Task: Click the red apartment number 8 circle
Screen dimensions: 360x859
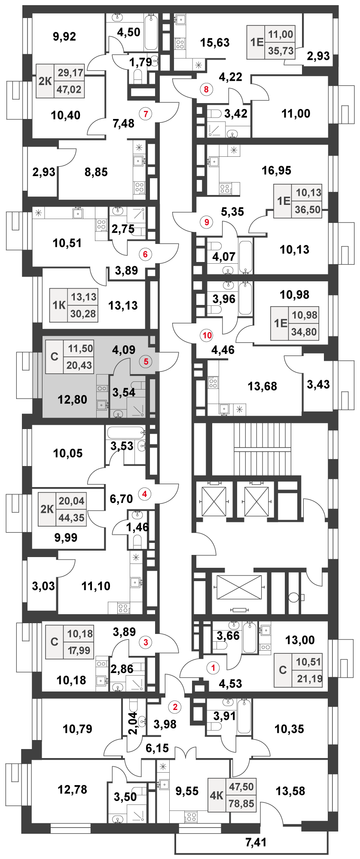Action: (x=207, y=89)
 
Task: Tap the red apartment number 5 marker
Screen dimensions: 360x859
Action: (x=146, y=361)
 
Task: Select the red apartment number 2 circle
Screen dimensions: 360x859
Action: (x=175, y=707)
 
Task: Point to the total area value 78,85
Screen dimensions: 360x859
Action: (x=241, y=803)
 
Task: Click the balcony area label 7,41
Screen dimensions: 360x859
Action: (x=256, y=842)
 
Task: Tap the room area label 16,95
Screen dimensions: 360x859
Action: (x=277, y=171)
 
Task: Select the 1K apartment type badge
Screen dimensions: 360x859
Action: (x=59, y=305)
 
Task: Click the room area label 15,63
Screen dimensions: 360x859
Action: (x=215, y=43)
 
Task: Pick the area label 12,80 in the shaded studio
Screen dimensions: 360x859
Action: (x=73, y=399)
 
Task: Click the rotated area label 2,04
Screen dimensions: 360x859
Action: (x=133, y=724)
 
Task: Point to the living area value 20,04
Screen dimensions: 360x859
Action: (x=72, y=501)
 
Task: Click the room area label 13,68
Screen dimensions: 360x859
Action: (x=262, y=386)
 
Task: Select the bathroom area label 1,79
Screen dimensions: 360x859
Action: (x=140, y=62)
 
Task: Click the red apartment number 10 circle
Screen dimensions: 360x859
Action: (x=207, y=335)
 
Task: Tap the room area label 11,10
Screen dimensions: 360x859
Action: (x=96, y=586)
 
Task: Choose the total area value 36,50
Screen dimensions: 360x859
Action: (x=308, y=210)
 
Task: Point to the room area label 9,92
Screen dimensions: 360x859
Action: (x=64, y=37)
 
